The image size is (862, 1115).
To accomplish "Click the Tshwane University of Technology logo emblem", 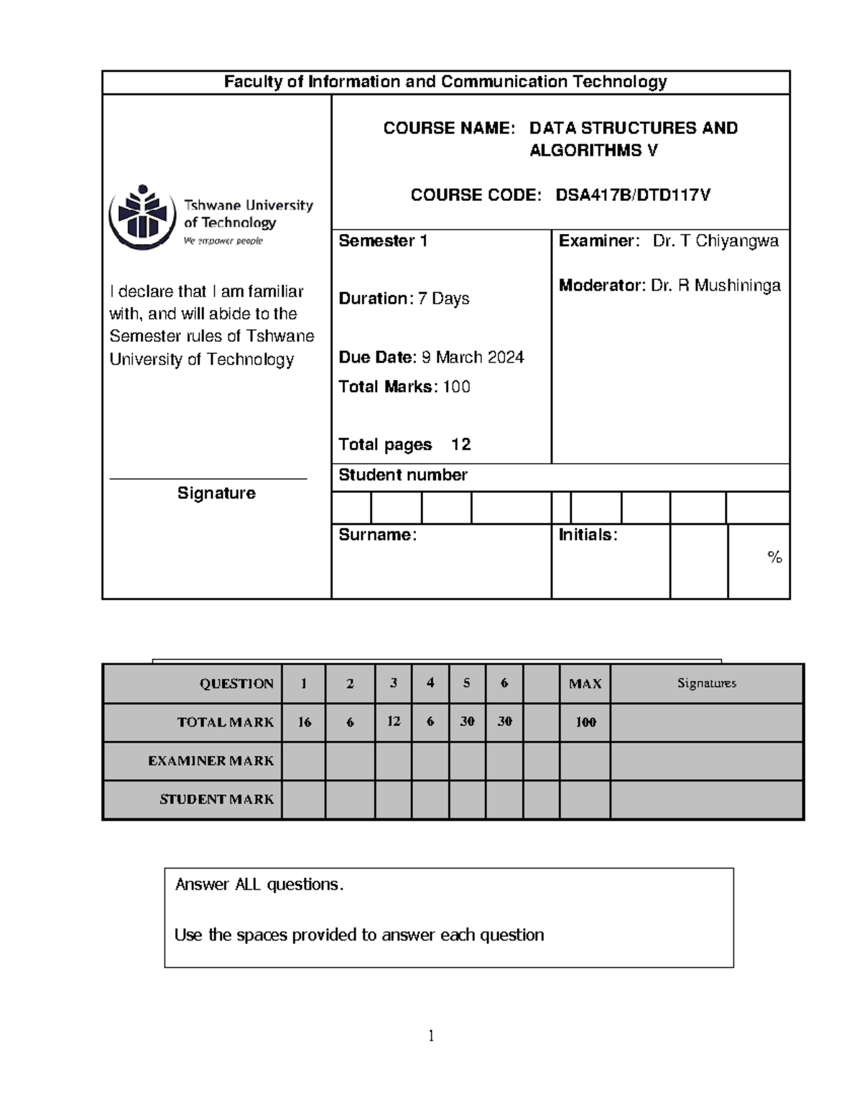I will (142, 217).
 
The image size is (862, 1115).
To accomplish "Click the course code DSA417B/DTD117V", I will (633, 195).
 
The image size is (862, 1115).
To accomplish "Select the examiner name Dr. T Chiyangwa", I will (715, 241).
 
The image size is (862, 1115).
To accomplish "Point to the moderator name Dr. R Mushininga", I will (715, 286).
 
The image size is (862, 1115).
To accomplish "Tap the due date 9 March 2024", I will (472, 358).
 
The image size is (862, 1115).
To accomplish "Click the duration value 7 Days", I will (443, 299).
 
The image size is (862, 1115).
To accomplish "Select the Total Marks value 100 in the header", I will (456, 387).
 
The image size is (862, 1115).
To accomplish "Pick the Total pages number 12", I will (460, 445).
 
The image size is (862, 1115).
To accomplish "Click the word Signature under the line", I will (216, 493).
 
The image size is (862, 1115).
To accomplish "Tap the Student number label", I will (403, 475).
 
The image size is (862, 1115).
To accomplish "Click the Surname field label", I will (377, 535).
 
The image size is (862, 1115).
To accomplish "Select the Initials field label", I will (588, 535).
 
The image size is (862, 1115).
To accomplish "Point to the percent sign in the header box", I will (774, 557).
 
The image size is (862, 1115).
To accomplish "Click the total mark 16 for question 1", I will (305, 722).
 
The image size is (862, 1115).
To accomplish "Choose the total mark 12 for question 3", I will (394, 722).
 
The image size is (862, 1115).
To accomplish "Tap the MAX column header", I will (585, 684).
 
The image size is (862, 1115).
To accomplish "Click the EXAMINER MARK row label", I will (210, 761).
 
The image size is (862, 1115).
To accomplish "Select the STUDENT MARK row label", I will (216, 800).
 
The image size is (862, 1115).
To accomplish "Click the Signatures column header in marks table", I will (706, 684).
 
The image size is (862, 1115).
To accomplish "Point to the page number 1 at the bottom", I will (431, 1035).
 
